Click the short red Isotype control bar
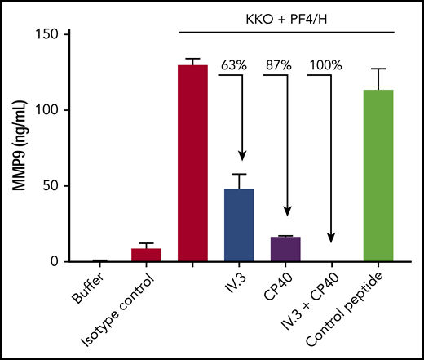pos(146,255)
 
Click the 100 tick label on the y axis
pos(47,111)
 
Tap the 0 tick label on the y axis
pos(54,262)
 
